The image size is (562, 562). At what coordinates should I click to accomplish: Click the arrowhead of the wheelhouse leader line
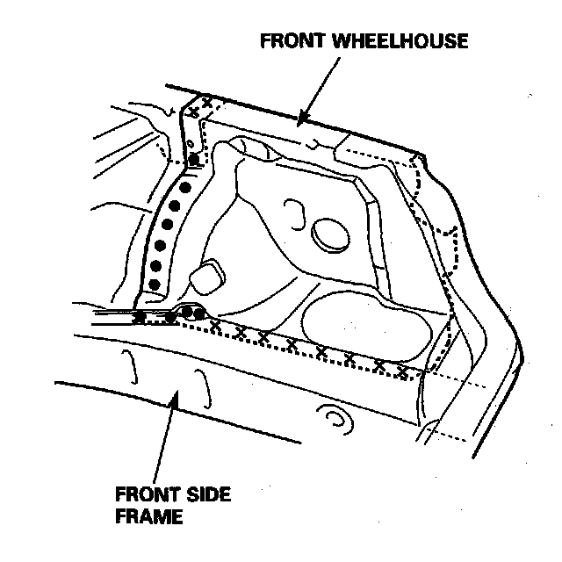[300, 119]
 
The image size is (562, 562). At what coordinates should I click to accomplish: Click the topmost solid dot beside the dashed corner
[194, 159]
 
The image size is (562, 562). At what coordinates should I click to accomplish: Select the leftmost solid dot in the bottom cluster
[139, 317]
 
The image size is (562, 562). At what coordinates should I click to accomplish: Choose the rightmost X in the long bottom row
[401, 372]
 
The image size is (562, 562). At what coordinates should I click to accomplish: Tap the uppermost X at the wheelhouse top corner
[206, 103]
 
